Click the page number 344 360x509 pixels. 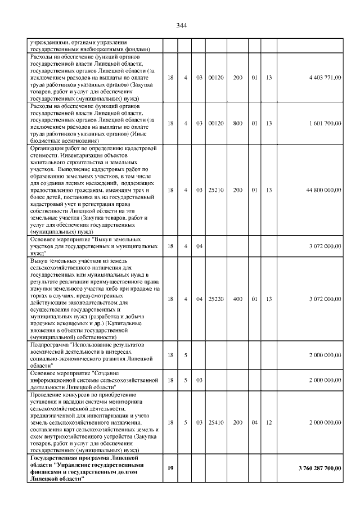181,26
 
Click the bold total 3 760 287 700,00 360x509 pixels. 319,468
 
